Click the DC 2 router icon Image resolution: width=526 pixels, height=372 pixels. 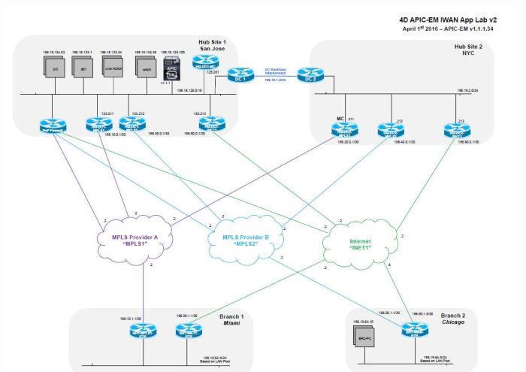[x=307, y=76]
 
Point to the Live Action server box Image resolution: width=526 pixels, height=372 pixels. [x=112, y=67]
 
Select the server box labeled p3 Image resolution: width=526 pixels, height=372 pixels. [x=50, y=68]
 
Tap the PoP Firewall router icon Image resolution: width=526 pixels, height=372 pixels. [x=53, y=126]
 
